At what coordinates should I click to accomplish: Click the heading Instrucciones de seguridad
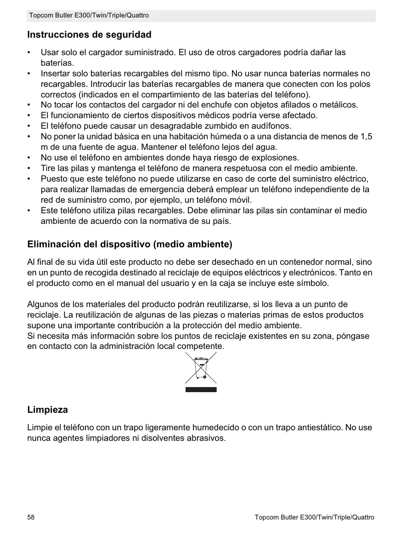[x=89, y=35]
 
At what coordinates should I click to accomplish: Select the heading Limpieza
[x=47, y=409]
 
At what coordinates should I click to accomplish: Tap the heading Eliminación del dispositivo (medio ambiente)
[x=130, y=244]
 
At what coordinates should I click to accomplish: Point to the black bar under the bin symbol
[x=201, y=389]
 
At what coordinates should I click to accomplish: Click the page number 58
[x=31, y=517]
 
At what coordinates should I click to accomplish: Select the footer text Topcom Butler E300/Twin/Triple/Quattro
[x=314, y=517]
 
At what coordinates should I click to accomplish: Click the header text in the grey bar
[x=89, y=16]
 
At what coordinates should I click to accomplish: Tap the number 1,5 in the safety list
[x=367, y=137]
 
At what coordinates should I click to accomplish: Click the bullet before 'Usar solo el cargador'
[x=29, y=53]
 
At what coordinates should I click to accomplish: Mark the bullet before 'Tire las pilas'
[x=29, y=168]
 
